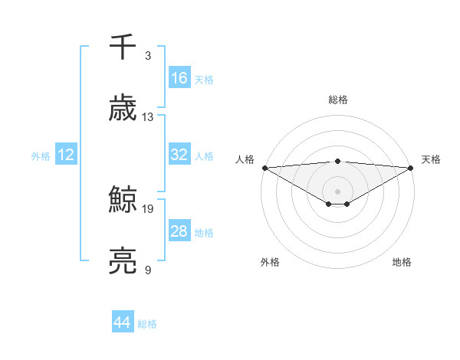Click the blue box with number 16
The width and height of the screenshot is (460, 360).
point(179,78)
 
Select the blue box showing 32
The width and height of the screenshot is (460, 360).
point(179,155)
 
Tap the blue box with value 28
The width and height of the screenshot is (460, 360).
point(179,231)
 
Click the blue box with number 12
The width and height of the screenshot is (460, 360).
point(66,155)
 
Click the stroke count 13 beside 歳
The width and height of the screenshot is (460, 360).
point(148,116)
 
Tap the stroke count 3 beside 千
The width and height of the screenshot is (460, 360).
point(147,56)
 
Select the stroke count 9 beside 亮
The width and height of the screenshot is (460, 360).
point(147,269)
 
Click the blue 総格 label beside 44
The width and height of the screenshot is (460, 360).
point(147,324)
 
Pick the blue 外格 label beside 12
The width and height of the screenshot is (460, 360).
point(41,155)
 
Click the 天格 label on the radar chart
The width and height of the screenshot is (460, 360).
point(431,159)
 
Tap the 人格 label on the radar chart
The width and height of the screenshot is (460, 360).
point(245,159)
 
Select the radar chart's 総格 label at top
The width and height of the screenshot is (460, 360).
point(338,100)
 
